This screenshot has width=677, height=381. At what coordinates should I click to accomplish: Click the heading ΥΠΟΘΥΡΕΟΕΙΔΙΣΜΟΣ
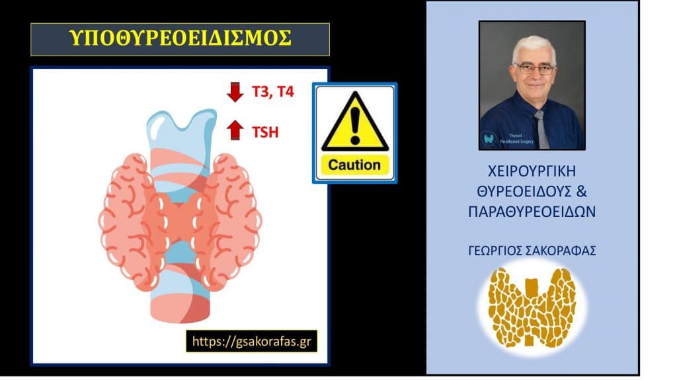tap(180, 39)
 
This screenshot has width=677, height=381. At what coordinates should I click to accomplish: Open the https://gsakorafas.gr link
tap(251, 341)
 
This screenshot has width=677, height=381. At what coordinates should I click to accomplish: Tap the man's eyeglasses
tap(534, 69)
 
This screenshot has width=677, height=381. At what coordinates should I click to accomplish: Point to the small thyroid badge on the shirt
tap(491, 139)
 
